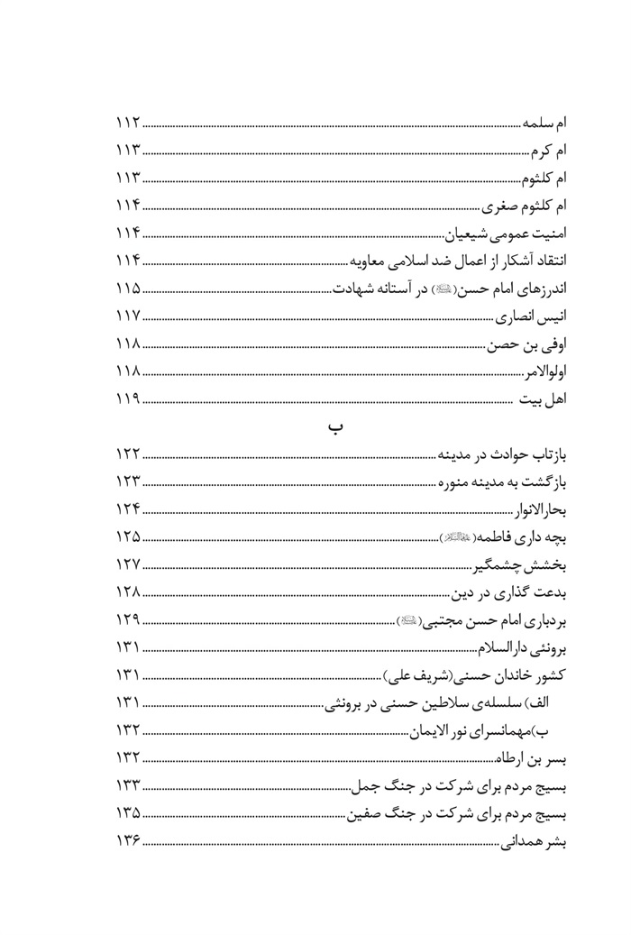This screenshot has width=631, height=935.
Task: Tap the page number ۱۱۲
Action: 129,122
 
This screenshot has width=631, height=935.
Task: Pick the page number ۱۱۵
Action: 129,290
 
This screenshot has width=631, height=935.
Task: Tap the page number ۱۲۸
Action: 129,592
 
